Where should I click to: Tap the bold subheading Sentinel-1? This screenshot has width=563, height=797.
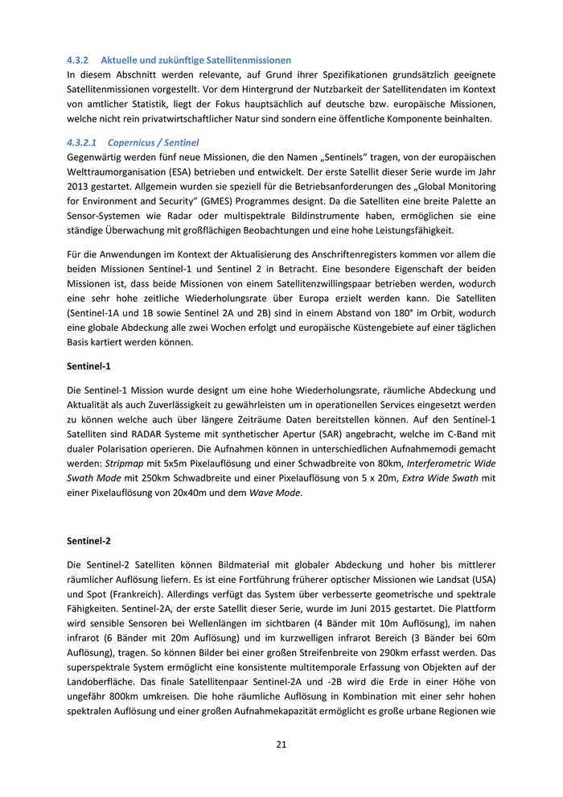[x=88, y=365]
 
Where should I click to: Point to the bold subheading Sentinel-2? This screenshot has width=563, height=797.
[x=88, y=541]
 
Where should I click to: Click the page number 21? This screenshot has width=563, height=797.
[x=281, y=744]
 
